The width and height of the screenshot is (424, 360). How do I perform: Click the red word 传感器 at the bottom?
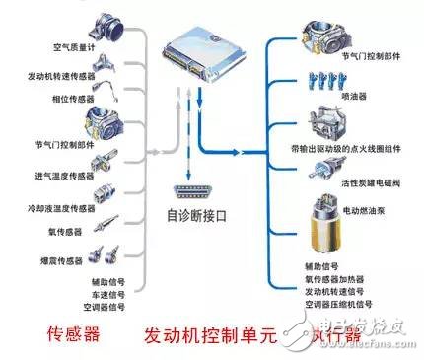click(x=74, y=333)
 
